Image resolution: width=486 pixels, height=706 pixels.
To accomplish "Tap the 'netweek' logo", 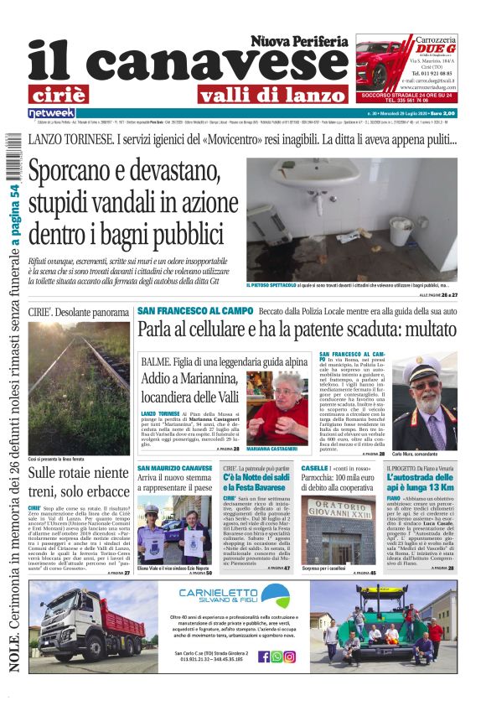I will click(x=51, y=113).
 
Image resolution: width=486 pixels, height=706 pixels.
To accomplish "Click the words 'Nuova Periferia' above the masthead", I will click(x=298, y=40).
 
